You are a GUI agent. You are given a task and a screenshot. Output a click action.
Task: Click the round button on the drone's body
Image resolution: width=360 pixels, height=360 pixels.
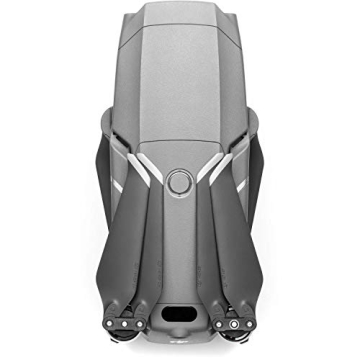click(181, 181)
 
